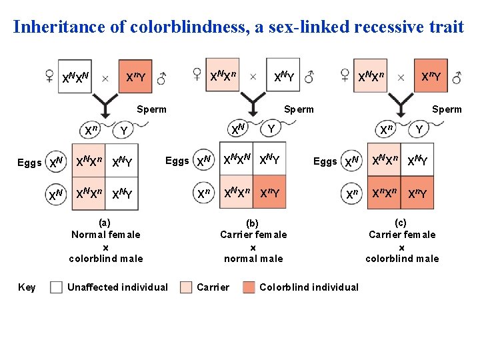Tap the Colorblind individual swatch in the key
(249, 287)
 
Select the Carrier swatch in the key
(187, 287)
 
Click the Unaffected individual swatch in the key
(57, 287)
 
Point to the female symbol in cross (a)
(49, 76)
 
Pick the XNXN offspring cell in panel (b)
(236, 160)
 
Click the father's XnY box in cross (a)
(136, 78)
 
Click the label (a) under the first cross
(104, 223)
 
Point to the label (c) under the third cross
(401, 223)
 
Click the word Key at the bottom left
(27, 287)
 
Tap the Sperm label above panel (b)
(299, 109)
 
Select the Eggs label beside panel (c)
(325, 161)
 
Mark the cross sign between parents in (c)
(401, 77)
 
